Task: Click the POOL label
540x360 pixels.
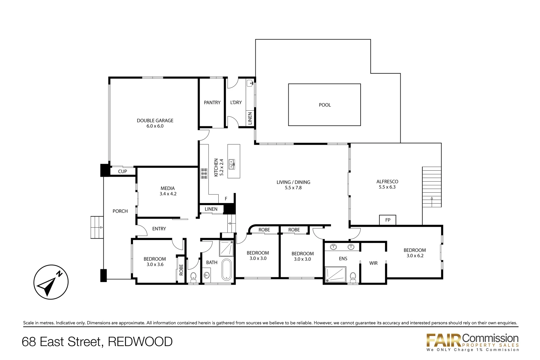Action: (x=325, y=105)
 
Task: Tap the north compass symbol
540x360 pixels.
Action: (x=51, y=282)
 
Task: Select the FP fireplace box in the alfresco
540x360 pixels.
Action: (x=388, y=220)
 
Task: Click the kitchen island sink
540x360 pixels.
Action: (x=232, y=164)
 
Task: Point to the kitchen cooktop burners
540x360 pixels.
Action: (x=204, y=173)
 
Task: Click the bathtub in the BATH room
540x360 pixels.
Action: (x=226, y=269)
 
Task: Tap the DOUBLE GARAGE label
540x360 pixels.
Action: (x=155, y=121)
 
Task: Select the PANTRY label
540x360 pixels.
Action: (x=212, y=103)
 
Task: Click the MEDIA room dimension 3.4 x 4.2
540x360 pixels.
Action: (x=168, y=194)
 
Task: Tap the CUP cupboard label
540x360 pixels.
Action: (x=122, y=171)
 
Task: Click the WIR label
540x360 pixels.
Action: (x=373, y=263)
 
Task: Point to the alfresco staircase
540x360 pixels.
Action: (x=432, y=187)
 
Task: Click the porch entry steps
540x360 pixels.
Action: (x=97, y=227)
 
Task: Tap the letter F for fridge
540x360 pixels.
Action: (x=226, y=199)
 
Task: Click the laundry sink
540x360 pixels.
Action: (x=250, y=83)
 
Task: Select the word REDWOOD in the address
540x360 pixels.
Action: (x=140, y=342)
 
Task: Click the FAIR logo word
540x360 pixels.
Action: (x=444, y=340)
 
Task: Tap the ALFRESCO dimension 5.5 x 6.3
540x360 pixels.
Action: (x=387, y=187)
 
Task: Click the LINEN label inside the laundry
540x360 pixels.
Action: (x=250, y=118)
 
